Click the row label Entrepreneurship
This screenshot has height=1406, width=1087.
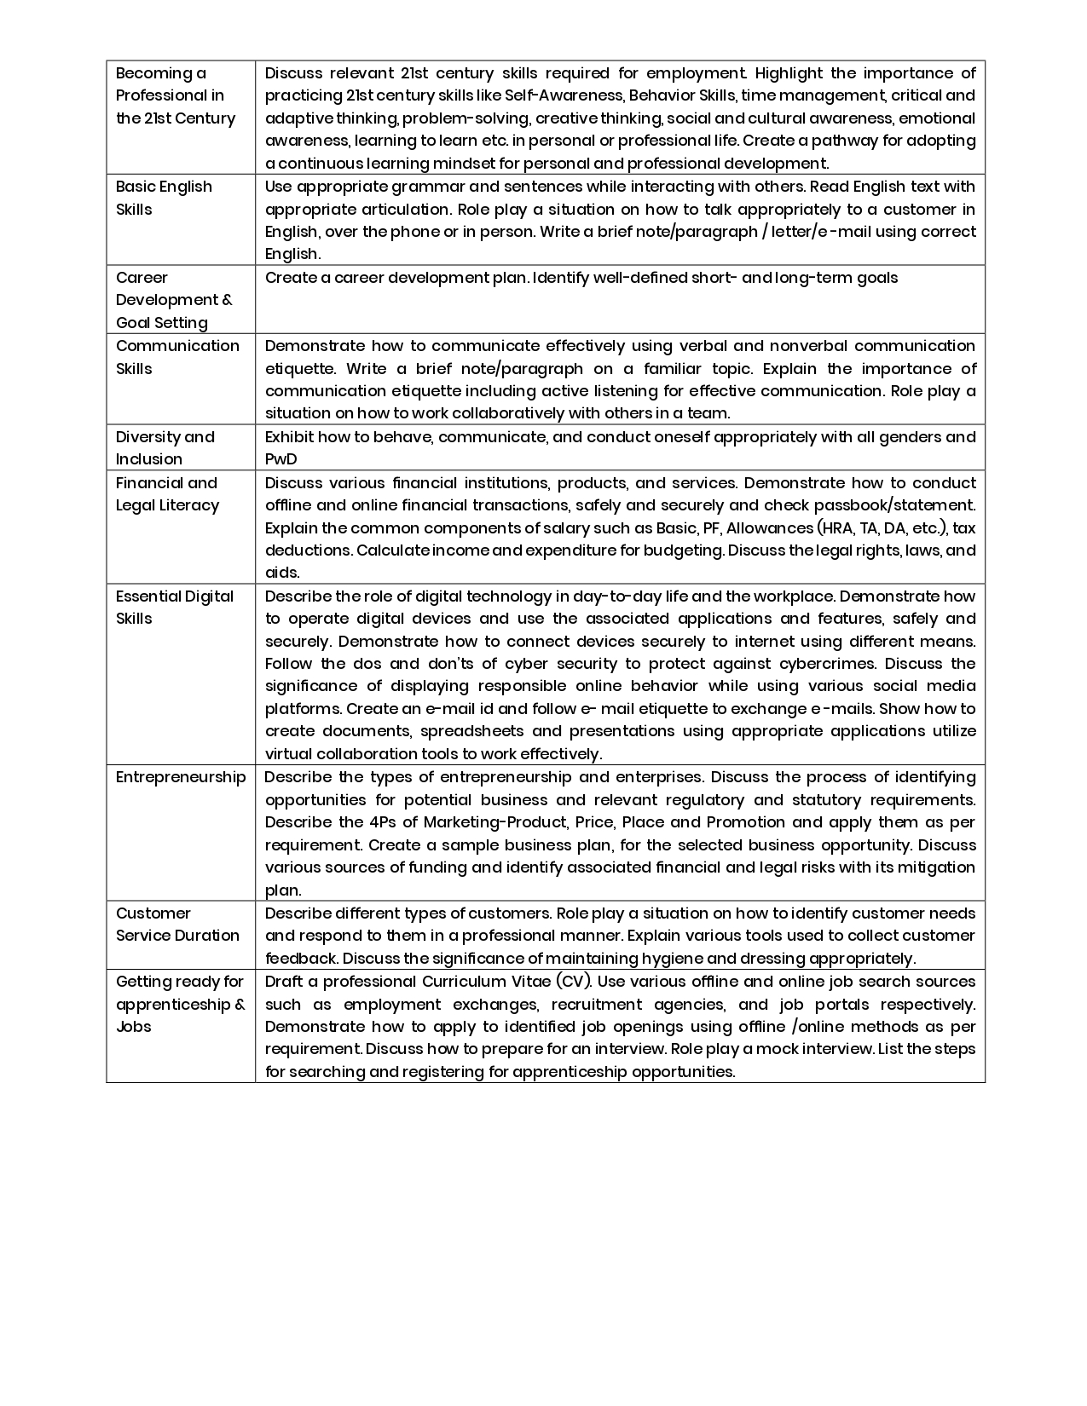click(181, 777)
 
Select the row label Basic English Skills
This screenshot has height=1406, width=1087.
click(164, 198)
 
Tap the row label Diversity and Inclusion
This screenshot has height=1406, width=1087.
click(165, 447)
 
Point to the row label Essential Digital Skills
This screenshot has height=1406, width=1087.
click(174, 608)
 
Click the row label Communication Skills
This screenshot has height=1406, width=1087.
click(177, 357)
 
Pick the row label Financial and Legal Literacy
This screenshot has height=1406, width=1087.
click(167, 493)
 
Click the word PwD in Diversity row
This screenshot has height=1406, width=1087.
click(280, 459)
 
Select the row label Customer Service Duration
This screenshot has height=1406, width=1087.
click(177, 925)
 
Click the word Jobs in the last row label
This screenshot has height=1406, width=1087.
click(133, 1027)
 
